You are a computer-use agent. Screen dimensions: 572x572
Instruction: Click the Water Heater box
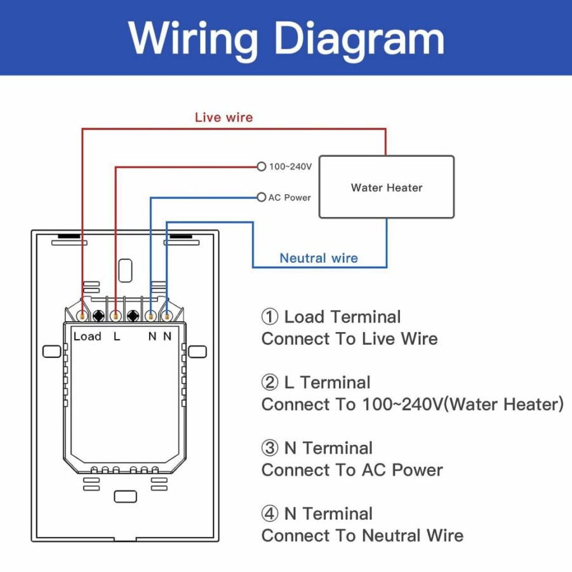pyautogui.click(x=387, y=187)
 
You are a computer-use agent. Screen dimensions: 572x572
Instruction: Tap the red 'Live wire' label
pyautogui.click(x=223, y=117)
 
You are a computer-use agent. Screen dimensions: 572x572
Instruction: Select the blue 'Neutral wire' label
pyautogui.click(x=319, y=258)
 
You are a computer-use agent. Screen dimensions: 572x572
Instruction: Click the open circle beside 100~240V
pyautogui.click(x=261, y=167)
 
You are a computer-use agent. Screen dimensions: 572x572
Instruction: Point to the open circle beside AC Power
pyautogui.click(x=261, y=197)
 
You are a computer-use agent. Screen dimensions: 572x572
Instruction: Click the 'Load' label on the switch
pyautogui.click(x=87, y=336)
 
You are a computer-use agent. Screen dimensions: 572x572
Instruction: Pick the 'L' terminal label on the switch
pyautogui.click(x=117, y=336)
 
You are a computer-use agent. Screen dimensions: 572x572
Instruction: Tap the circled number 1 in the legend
pyautogui.click(x=270, y=317)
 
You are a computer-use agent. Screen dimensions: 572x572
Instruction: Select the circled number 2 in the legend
pyautogui.click(x=270, y=382)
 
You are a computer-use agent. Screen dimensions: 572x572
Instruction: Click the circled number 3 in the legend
pyautogui.click(x=270, y=448)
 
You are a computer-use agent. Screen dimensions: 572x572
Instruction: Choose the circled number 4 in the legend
pyautogui.click(x=270, y=514)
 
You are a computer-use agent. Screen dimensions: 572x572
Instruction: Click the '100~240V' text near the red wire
pyautogui.click(x=290, y=167)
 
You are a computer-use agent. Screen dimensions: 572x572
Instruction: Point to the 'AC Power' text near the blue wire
pyautogui.click(x=289, y=197)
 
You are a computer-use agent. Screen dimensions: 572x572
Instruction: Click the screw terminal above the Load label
pyautogui.click(x=83, y=316)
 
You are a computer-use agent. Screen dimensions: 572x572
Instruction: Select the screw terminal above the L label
pyautogui.click(x=116, y=316)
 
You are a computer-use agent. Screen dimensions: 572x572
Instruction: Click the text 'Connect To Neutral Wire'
pyautogui.click(x=362, y=536)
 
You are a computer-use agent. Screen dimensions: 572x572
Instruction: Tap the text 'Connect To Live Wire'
pyautogui.click(x=349, y=338)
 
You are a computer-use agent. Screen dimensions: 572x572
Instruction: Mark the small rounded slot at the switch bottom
pyautogui.click(x=126, y=496)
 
